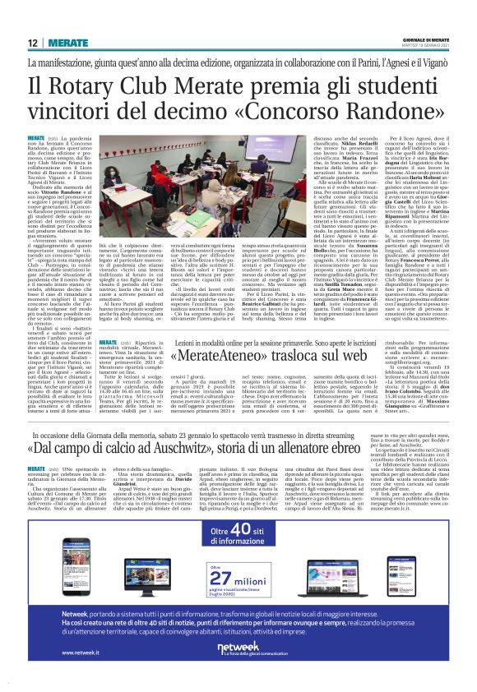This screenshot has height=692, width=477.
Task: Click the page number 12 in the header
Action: pos(33,43)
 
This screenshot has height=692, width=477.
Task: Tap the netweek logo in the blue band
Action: pos(238,649)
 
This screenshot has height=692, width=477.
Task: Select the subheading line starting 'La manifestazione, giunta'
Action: pos(238,63)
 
